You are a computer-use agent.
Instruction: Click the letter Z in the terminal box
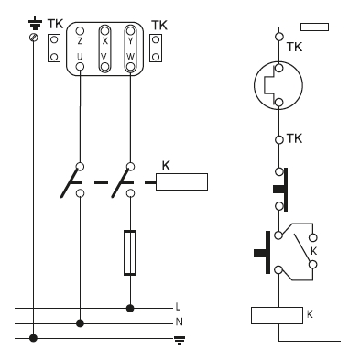pyautogui.click(x=80, y=41)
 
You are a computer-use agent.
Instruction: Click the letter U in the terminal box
pyautogui.click(x=80, y=57)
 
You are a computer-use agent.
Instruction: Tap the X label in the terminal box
pyautogui.click(x=104, y=41)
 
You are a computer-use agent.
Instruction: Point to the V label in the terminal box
pyautogui.click(x=104, y=57)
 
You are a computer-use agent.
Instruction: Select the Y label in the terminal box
pyautogui.click(x=130, y=41)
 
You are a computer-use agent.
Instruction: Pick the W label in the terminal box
pyautogui.click(x=130, y=57)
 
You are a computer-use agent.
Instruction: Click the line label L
pyautogui.click(x=178, y=306)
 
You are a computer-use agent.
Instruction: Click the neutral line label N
pyautogui.click(x=179, y=322)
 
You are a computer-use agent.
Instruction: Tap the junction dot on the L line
pyautogui.click(x=130, y=309)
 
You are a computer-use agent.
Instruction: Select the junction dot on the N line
pyautogui.click(x=80, y=323)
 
